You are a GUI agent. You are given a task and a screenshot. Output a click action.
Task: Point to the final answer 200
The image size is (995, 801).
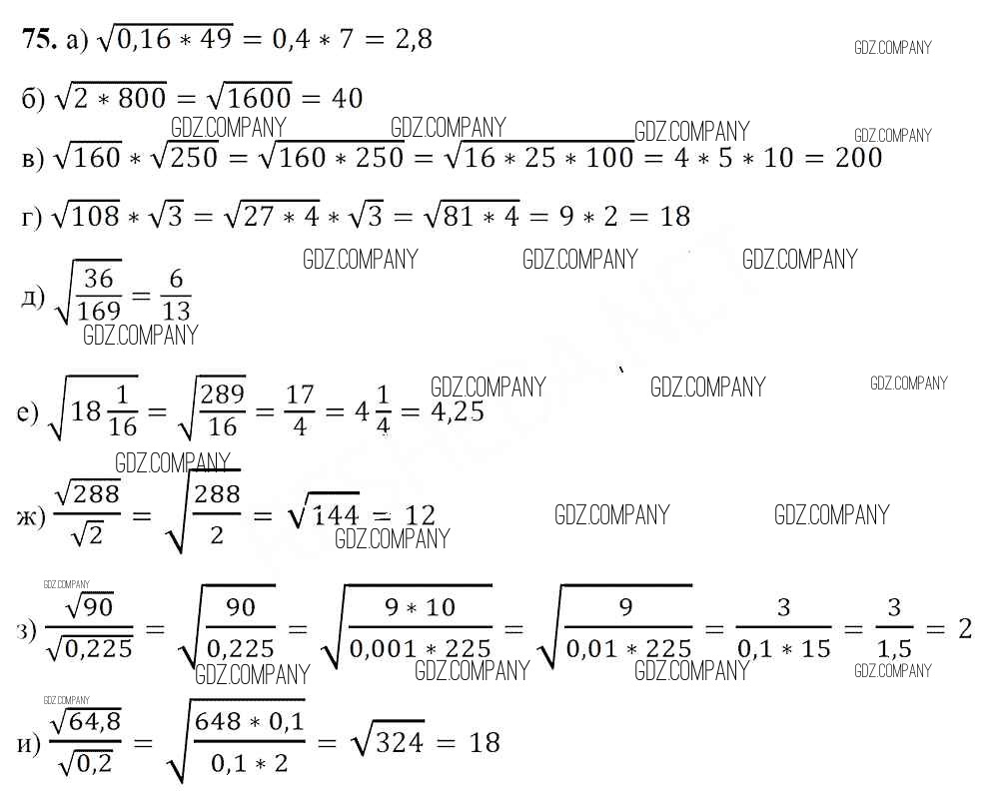[858, 158]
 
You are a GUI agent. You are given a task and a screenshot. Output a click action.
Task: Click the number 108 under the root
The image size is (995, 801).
[93, 216]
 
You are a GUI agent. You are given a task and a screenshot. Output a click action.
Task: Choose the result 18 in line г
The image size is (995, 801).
[674, 216]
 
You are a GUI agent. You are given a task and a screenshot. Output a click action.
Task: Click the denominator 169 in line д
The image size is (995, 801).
[99, 311]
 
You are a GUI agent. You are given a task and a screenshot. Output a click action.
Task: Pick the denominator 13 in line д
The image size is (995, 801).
[176, 311]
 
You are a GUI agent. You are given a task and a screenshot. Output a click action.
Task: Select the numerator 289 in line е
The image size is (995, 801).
[222, 394]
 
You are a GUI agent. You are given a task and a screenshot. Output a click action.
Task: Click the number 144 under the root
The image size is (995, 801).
[335, 515]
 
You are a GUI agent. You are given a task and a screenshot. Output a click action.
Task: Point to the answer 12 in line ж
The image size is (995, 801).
[420, 515]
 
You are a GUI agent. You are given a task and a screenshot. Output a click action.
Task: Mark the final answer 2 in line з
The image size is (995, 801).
[964, 629]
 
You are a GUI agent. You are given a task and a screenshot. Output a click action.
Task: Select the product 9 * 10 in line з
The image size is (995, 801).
[420, 607]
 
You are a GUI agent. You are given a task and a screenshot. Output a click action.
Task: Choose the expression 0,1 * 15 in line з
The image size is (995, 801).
[784, 649]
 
